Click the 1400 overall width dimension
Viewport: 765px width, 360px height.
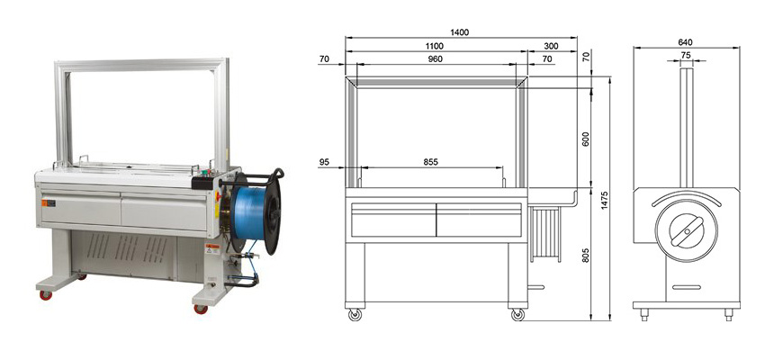459,32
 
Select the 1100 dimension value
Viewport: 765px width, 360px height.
434,45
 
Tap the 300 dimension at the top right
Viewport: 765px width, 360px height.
551,45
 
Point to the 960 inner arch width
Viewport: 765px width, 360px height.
434,58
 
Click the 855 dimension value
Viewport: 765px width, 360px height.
430,162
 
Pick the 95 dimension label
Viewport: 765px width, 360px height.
326,162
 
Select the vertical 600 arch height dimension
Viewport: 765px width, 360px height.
586,139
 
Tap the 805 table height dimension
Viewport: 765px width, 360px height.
586,255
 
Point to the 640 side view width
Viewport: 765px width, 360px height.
685,41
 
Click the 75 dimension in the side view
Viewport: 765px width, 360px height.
686,55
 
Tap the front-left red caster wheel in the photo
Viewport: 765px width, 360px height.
45,294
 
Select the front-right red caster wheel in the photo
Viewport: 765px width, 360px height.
200,309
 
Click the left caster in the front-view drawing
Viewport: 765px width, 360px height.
355,315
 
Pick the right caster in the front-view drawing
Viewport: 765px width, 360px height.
517,315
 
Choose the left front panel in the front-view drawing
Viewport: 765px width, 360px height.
392,220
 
